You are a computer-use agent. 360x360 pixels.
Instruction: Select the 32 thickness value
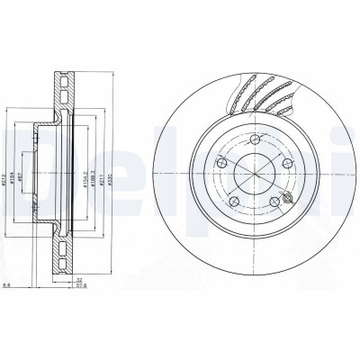pyautogui.click(x=80, y=280)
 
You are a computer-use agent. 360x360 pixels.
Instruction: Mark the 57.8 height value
pyautogui.click(x=80, y=288)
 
